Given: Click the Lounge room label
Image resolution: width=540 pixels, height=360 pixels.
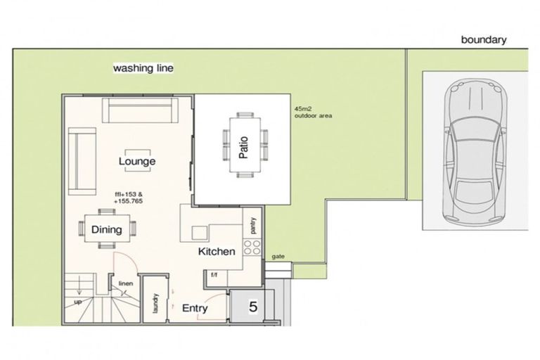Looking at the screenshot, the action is (x=137, y=161).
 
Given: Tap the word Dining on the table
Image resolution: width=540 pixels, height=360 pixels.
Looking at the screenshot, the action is (x=106, y=229).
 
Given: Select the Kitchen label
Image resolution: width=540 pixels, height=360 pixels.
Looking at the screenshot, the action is (x=217, y=252).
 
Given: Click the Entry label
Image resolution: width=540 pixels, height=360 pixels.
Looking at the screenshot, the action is (x=195, y=308).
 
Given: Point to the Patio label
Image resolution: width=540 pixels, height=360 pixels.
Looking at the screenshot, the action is (x=243, y=148).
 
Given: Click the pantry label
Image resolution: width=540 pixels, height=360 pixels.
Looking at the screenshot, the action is (x=253, y=226).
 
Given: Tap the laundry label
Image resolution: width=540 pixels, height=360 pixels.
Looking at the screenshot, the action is (x=155, y=303).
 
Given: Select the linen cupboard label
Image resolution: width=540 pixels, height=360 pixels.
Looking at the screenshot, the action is (x=126, y=283).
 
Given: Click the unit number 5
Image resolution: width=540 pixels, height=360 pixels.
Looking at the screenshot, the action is (x=253, y=307).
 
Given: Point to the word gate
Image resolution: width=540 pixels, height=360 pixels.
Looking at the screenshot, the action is (x=278, y=257).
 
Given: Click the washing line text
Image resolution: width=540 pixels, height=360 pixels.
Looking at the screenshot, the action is (x=143, y=68).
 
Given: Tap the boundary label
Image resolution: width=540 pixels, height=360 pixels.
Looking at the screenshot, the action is (x=484, y=40).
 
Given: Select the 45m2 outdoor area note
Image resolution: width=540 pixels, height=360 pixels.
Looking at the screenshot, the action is (x=313, y=112).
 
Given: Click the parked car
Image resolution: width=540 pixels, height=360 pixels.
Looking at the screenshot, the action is (x=475, y=151).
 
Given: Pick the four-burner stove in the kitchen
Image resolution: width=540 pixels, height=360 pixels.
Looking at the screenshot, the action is (x=252, y=247).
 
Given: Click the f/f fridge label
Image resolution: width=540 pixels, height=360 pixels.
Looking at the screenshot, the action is (x=214, y=275).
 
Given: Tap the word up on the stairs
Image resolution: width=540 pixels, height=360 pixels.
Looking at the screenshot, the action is (x=78, y=302).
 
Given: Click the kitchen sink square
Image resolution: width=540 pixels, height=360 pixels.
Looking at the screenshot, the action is (x=200, y=233).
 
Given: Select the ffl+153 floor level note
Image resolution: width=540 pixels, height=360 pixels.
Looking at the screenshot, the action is (x=129, y=198).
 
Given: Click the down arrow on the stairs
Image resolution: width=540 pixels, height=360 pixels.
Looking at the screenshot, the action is (x=79, y=285).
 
